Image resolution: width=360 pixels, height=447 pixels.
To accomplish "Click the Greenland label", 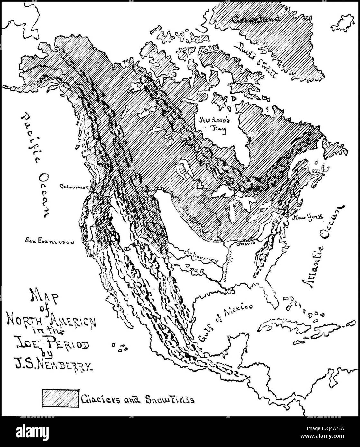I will tap(256, 20).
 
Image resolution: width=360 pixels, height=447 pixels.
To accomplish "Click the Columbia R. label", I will tap(75, 187).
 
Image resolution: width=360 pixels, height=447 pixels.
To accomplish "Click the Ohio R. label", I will tap(247, 243).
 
